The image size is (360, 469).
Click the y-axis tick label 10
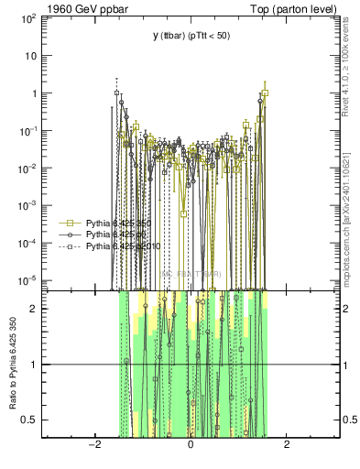pyautogui.click(x=33, y=56)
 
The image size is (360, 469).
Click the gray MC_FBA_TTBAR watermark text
pyautogui.click(x=191, y=274)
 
